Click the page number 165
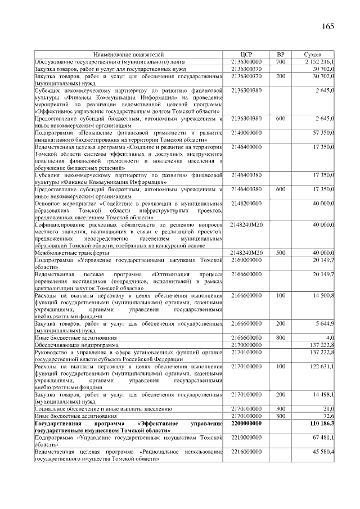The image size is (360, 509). point(328,26)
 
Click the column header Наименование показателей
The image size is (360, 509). point(129,54)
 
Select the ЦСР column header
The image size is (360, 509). point(246,54)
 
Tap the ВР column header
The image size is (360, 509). point(281,54)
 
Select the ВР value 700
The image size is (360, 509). point(281,61)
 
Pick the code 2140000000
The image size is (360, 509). point(246,133)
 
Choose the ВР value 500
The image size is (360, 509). point(281,253)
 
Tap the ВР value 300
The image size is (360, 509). point(281,409)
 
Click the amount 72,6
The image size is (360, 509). point(328,416)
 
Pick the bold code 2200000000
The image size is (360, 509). point(246,423)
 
